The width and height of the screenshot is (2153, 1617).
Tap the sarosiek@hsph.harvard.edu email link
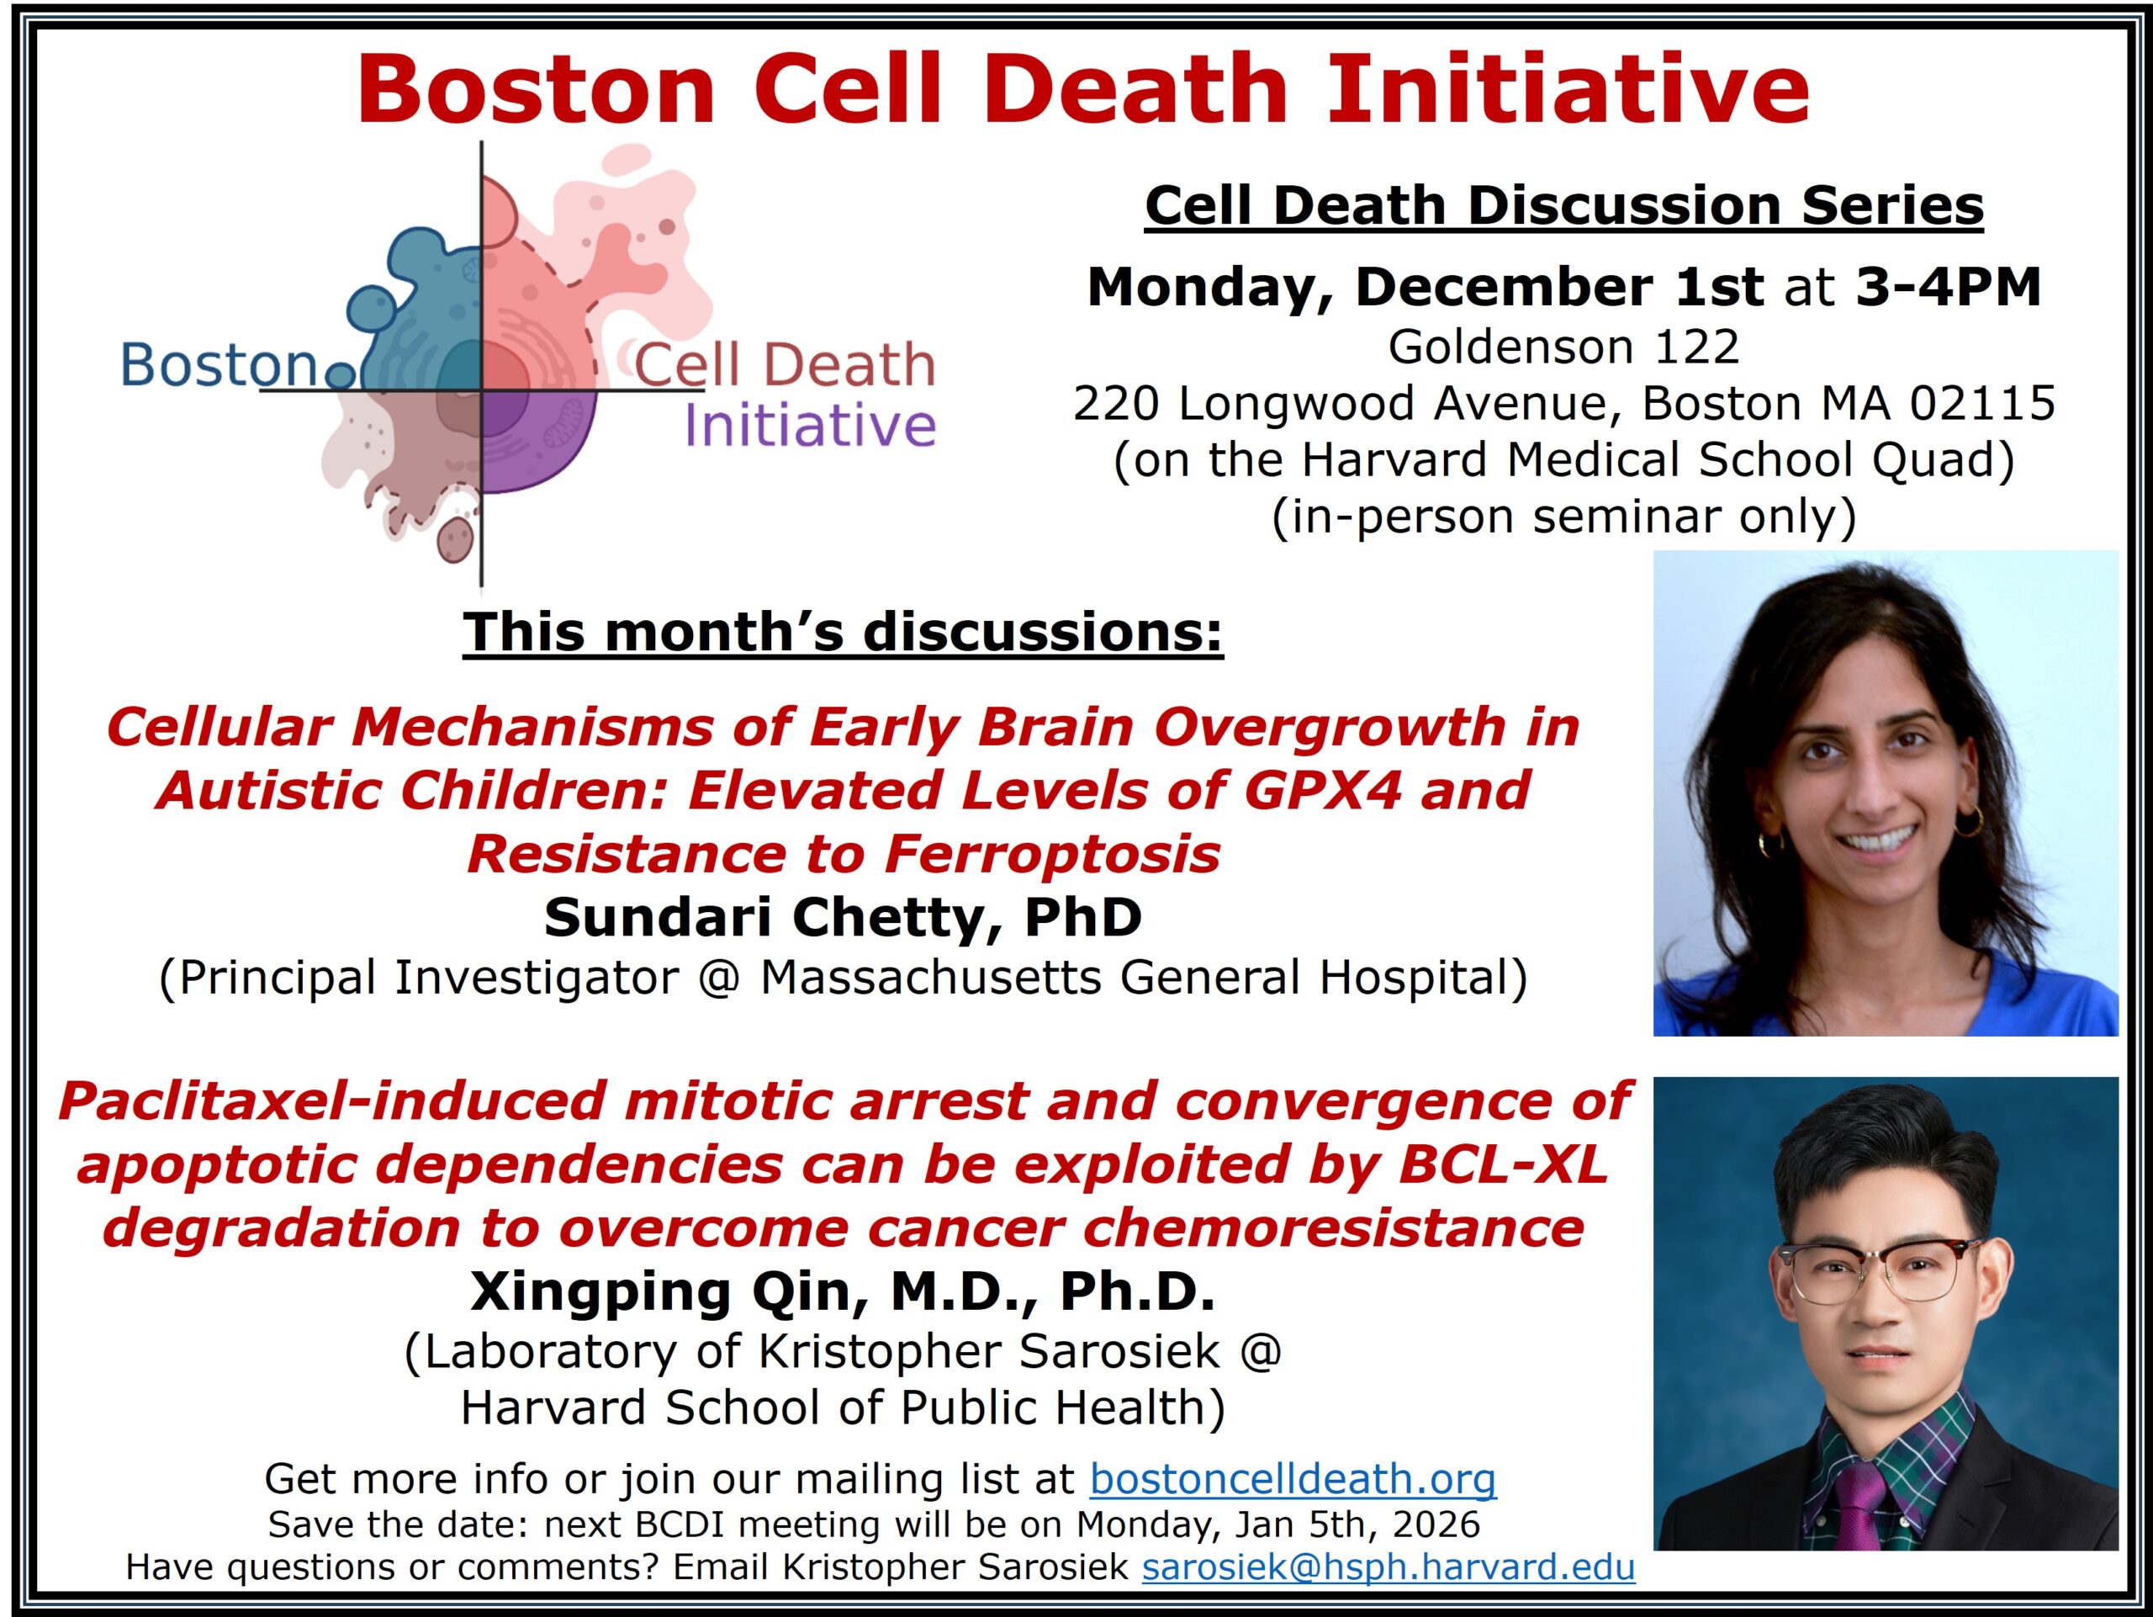[1388, 1567]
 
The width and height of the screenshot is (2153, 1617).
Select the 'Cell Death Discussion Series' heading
[1564, 206]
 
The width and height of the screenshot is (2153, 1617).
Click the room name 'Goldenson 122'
[1564, 347]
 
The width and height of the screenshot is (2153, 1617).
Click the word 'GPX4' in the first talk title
[1323, 789]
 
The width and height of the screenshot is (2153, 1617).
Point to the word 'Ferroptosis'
[1052, 854]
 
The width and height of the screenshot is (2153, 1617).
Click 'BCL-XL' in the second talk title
[1503, 1164]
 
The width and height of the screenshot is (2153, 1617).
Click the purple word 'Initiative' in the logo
[810, 426]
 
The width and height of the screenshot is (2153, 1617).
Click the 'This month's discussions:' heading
[843, 632]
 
